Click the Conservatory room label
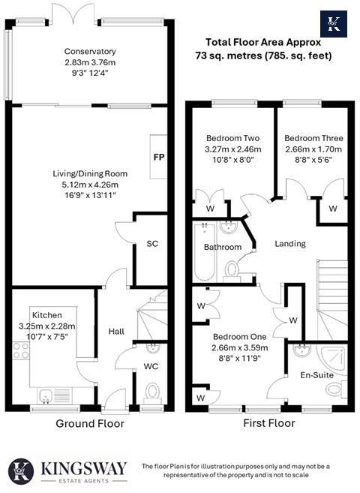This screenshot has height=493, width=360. [x=90, y=52]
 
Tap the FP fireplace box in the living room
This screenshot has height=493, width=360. [x=158, y=158]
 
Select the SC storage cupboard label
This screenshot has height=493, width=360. [x=152, y=244]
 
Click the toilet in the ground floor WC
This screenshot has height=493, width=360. [x=152, y=391]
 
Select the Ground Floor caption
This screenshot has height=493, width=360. [x=90, y=423]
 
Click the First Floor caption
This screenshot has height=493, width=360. [x=269, y=423]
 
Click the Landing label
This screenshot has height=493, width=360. [x=290, y=244]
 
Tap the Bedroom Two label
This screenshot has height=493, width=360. [x=232, y=138]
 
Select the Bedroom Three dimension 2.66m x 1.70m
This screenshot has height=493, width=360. [x=313, y=149]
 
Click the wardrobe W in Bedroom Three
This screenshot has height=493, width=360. [x=333, y=208]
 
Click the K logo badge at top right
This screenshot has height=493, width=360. [x=334, y=24]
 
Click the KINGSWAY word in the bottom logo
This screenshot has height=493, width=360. [x=84, y=467]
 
